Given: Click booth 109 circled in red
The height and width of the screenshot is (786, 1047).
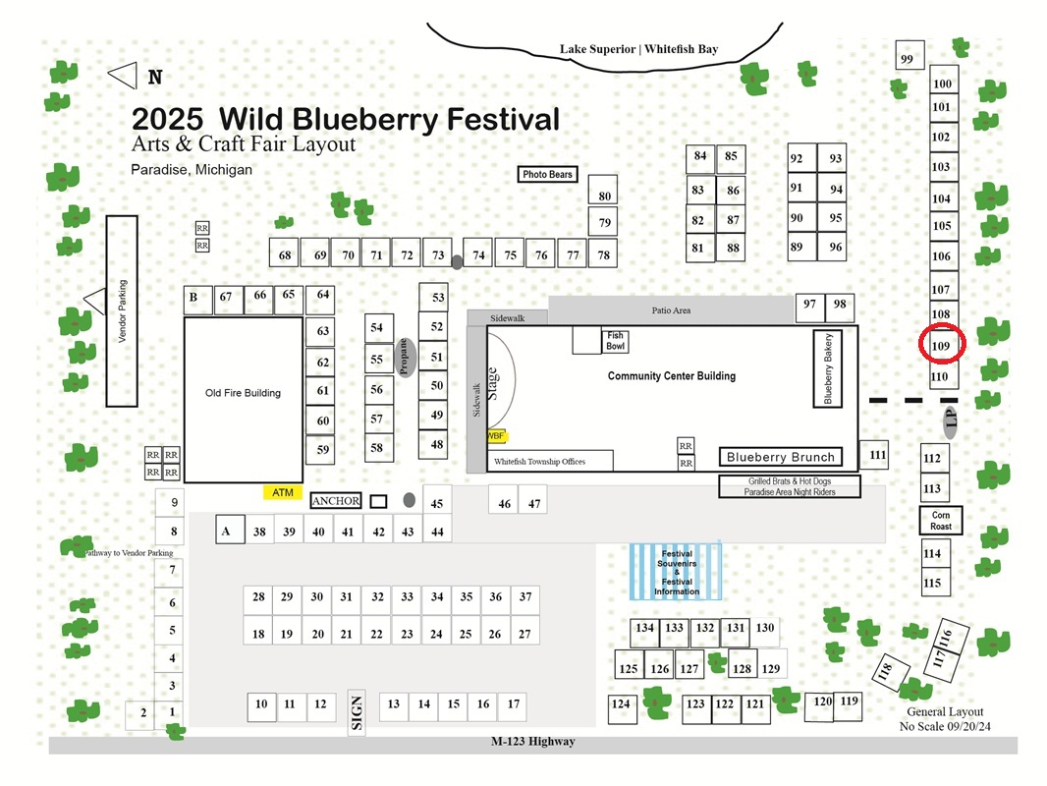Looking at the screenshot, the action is (x=942, y=345).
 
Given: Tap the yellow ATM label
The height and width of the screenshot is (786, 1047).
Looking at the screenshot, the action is (x=283, y=493).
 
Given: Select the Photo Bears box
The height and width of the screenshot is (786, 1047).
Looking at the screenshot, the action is (x=547, y=174).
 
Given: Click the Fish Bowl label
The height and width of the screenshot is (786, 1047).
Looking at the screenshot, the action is (x=616, y=341).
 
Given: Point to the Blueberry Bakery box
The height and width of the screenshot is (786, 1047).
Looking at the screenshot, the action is (x=827, y=368).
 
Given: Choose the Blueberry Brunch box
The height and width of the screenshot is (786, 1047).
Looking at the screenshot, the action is (x=781, y=457).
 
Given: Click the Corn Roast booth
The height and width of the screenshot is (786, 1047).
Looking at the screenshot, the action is (x=941, y=520).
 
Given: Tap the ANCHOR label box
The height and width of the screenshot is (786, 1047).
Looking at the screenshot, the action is (x=336, y=501).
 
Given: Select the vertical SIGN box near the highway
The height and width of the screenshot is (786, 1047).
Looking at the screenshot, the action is (x=357, y=712).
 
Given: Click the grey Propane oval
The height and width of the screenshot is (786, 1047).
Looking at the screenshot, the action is (x=404, y=358).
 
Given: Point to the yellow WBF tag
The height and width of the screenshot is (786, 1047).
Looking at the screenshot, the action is (x=496, y=436).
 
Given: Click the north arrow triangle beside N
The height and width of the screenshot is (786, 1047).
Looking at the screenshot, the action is (x=123, y=76).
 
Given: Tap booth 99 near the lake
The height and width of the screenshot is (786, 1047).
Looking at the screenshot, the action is (x=909, y=55).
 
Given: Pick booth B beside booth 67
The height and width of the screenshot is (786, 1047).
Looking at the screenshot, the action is (x=197, y=300).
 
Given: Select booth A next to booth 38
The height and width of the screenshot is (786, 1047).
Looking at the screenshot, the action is (x=230, y=530).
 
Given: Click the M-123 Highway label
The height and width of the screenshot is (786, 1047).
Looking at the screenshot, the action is (x=533, y=741).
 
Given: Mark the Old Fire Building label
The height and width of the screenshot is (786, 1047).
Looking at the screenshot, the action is (x=243, y=393).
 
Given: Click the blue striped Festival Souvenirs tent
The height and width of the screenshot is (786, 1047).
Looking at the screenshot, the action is (x=676, y=572).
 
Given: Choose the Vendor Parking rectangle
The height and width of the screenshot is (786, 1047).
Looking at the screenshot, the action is (x=122, y=311).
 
